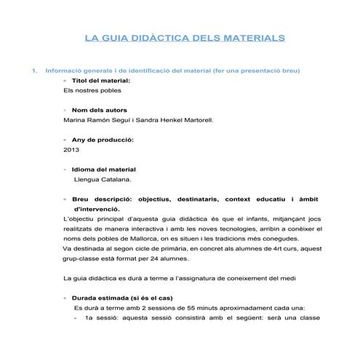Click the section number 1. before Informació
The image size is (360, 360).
[x=32, y=71]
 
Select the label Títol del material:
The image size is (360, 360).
[x=101, y=81]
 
